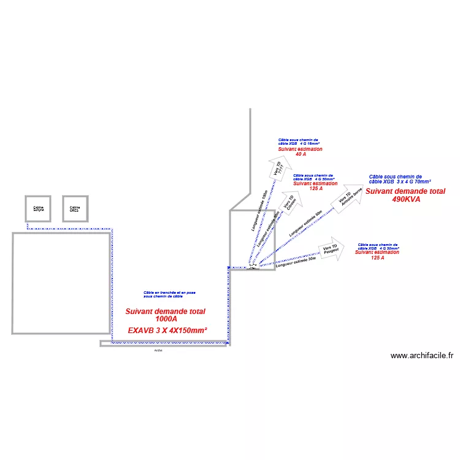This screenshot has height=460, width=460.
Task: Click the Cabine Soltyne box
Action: tap(39, 209)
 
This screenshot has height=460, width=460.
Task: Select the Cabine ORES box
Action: tap(75, 209)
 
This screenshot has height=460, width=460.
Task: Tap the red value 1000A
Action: tap(166, 319)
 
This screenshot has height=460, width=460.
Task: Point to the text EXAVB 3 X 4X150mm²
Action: tap(167, 331)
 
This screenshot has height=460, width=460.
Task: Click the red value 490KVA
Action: tap(405, 199)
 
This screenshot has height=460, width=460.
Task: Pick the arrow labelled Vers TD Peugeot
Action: tap(332, 248)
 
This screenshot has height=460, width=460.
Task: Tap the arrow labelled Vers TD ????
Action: tap(279, 167)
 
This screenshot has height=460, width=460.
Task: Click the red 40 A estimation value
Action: tap(301, 155)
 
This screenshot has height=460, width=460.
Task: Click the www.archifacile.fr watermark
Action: tap(421, 355)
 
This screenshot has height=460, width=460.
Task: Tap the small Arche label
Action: tap(158, 350)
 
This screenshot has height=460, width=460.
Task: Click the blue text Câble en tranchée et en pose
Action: tap(170, 293)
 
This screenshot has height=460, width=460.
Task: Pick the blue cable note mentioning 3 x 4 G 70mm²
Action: tap(400, 179)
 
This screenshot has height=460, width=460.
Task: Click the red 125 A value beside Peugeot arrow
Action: tap(378, 258)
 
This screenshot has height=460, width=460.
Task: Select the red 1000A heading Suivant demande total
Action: tap(166, 311)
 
